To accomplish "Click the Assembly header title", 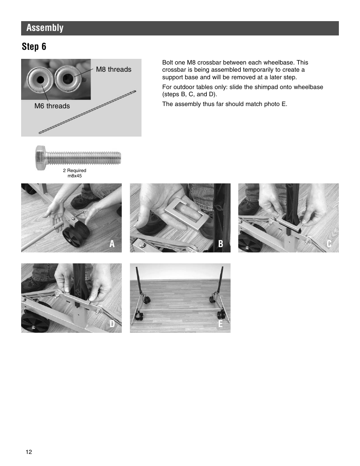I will point(45,28).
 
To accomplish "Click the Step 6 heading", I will point(34,46).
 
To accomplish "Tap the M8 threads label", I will point(114,69).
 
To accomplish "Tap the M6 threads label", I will point(52,106).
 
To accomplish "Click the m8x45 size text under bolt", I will point(74,176).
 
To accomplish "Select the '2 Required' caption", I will point(74,171).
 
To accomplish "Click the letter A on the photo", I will point(112,244).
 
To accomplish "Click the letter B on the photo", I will point(221,244).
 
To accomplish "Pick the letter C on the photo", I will point(329,244).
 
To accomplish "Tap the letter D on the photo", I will point(112,324).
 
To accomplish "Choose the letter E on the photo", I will point(221,324).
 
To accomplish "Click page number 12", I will point(29,452).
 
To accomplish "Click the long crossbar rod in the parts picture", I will point(87,112).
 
